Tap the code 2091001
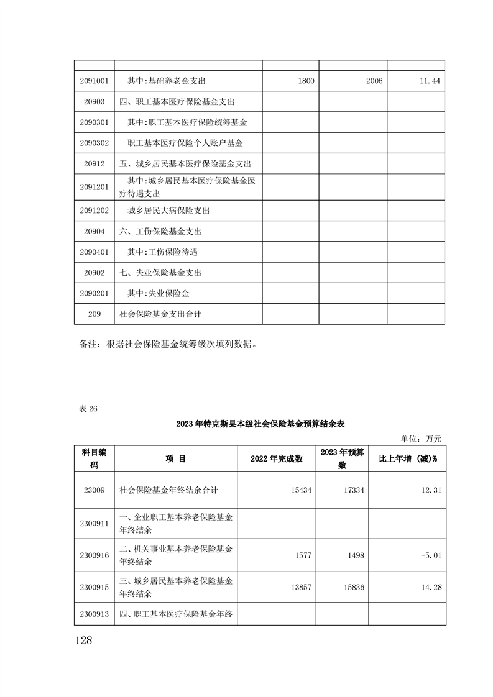click(94, 81)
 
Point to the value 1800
click(306, 81)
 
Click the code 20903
click(94, 101)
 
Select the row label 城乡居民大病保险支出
click(168, 211)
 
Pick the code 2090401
click(94, 252)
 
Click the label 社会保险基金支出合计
click(160, 314)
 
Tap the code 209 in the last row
click(94, 314)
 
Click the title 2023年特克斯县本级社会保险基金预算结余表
click(260, 424)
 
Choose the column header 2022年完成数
click(276, 458)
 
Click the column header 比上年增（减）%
click(408, 458)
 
